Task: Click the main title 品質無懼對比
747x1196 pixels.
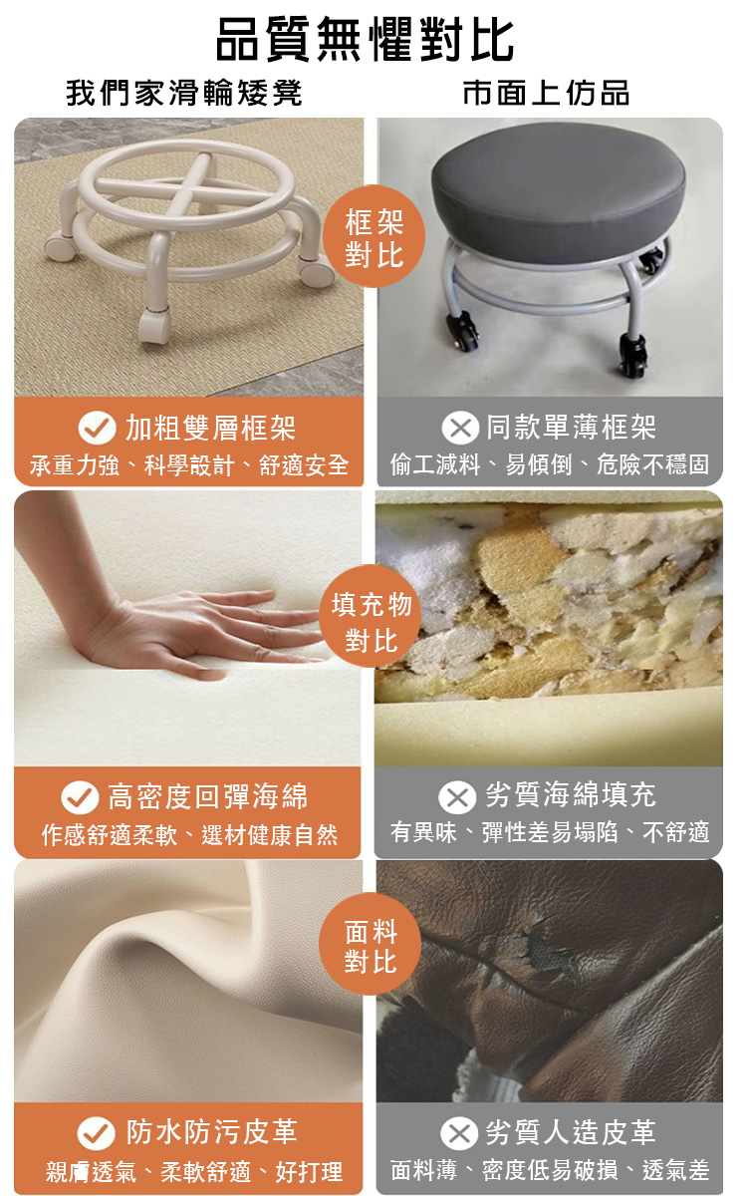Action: [x=366, y=41]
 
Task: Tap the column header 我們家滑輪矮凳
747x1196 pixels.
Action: [x=185, y=94]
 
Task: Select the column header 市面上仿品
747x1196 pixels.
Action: [x=547, y=94]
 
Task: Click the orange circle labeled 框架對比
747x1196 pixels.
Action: [x=373, y=239]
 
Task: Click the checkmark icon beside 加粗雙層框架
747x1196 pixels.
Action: [x=97, y=429]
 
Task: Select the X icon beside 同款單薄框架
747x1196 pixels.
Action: [x=459, y=429]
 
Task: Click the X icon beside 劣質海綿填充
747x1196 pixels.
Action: [x=457, y=797]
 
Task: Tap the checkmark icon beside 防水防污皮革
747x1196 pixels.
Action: [x=97, y=1133]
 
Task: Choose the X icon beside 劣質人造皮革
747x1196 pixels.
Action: [x=459, y=1133]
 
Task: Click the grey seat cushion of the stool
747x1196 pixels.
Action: [x=558, y=189]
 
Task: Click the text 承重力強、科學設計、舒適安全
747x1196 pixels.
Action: [x=189, y=464]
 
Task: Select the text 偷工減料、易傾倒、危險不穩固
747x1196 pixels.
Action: [x=550, y=464]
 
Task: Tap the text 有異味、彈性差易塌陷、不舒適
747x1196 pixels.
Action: [x=550, y=832]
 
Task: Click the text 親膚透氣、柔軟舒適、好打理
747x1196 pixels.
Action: [x=194, y=1171]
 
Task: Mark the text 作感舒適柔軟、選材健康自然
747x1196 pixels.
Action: [x=189, y=834]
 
